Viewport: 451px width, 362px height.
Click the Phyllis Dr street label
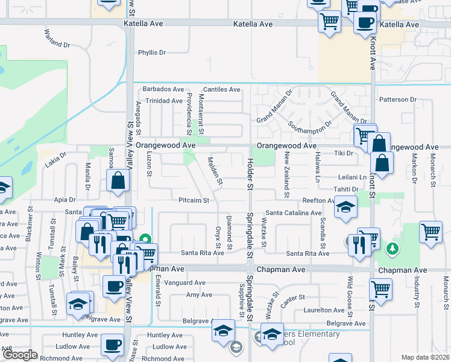(152, 52)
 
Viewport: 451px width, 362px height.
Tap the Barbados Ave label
(163, 89)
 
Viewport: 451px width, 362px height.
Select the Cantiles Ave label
(221, 89)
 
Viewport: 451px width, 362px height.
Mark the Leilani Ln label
(355, 177)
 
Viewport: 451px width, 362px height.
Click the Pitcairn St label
(194, 200)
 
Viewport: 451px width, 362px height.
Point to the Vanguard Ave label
(189, 282)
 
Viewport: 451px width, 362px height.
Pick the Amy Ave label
(199, 295)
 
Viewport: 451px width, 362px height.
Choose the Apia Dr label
(65, 199)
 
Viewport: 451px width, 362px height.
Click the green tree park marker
(393, 249)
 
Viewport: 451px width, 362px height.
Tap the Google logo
(20, 355)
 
